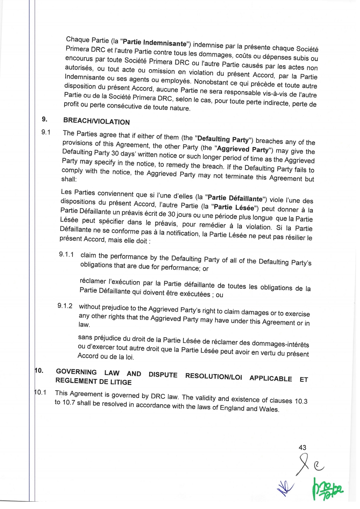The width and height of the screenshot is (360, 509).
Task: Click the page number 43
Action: click(x=302, y=447)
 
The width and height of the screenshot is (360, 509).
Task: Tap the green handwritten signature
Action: click(x=327, y=489)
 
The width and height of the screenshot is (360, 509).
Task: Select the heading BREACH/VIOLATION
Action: click(x=96, y=121)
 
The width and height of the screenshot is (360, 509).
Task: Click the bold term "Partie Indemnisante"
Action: click(x=155, y=43)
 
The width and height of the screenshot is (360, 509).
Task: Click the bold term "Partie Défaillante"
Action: click(x=235, y=198)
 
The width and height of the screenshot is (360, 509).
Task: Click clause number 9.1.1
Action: click(x=66, y=254)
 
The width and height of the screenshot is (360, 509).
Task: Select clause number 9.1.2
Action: click(x=65, y=306)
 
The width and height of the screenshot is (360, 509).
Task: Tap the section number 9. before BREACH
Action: click(x=45, y=119)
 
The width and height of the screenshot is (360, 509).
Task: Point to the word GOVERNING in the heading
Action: click(x=76, y=372)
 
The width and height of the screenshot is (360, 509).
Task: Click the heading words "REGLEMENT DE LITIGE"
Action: click(x=93, y=381)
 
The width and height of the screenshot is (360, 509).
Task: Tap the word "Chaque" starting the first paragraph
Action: click(x=78, y=40)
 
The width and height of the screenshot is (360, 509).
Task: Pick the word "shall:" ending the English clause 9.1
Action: click(x=69, y=179)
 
